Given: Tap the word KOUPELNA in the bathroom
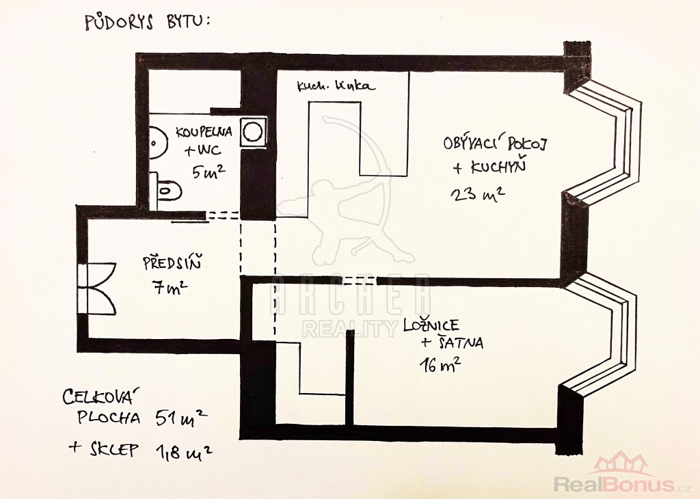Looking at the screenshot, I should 204,131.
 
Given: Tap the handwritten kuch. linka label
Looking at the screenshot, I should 336,86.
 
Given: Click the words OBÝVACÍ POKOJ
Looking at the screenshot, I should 496,144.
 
